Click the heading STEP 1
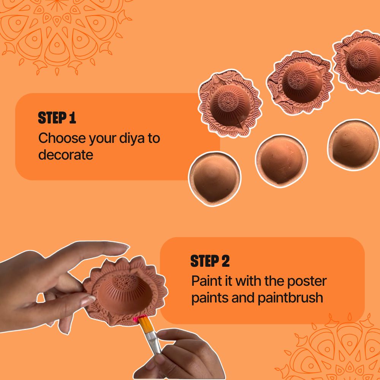tap(57, 118)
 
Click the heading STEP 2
tap(210, 261)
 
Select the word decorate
tap(65, 155)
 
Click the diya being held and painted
tap(125, 289)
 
